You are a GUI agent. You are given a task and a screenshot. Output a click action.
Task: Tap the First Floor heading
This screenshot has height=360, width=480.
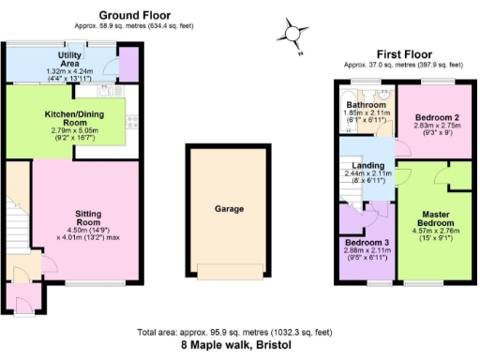coord(403,54)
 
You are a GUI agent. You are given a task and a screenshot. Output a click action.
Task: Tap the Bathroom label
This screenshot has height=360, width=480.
coord(362,105)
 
